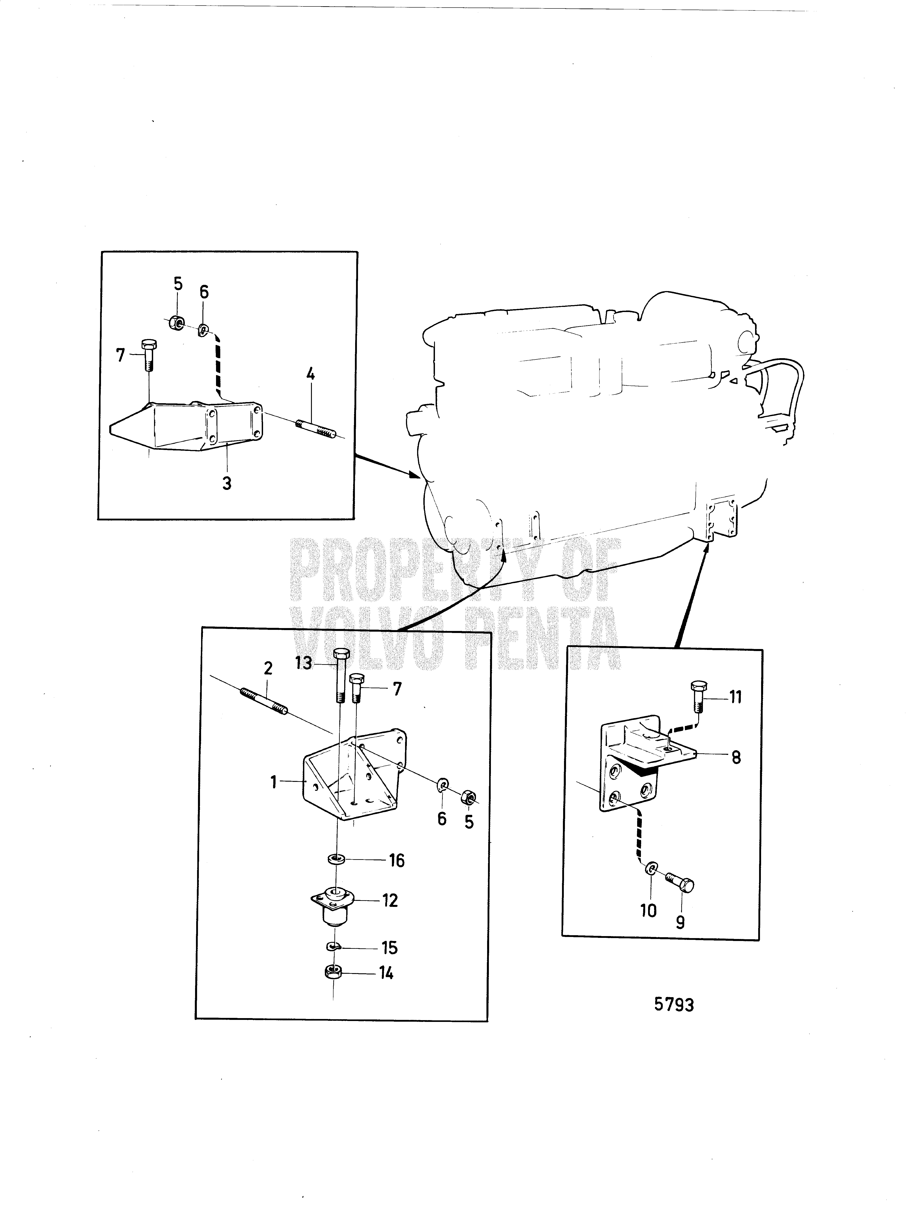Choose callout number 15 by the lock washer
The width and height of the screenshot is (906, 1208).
tap(389, 947)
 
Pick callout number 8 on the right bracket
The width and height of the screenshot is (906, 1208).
tap(736, 758)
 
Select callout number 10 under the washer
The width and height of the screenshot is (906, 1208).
tap(648, 910)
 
